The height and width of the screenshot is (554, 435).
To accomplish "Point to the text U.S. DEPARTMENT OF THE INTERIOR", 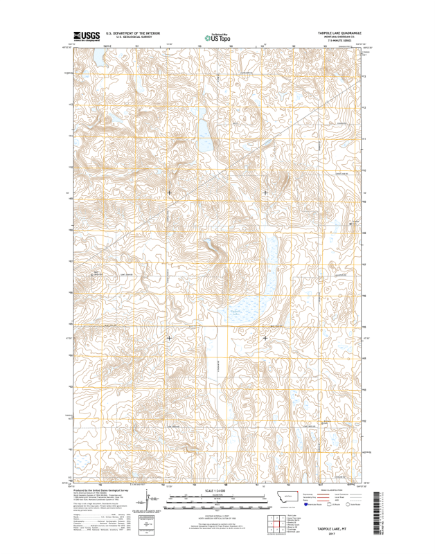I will point(135,33).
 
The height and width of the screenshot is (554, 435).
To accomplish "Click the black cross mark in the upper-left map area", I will point(169,192).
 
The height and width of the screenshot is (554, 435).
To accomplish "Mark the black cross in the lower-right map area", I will point(265,338).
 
